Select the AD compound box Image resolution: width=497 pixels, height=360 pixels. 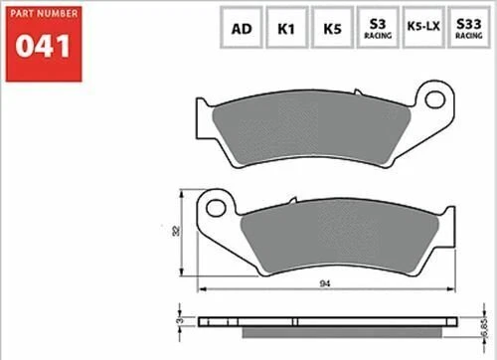click(x=241, y=28)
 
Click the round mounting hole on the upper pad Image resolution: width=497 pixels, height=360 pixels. click(x=433, y=99)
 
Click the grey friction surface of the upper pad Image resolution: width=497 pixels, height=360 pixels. click(x=318, y=127)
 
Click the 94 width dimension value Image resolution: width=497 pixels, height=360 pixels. click(x=326, y=282)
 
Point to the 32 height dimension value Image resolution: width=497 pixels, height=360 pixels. click(x=176, y=231)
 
